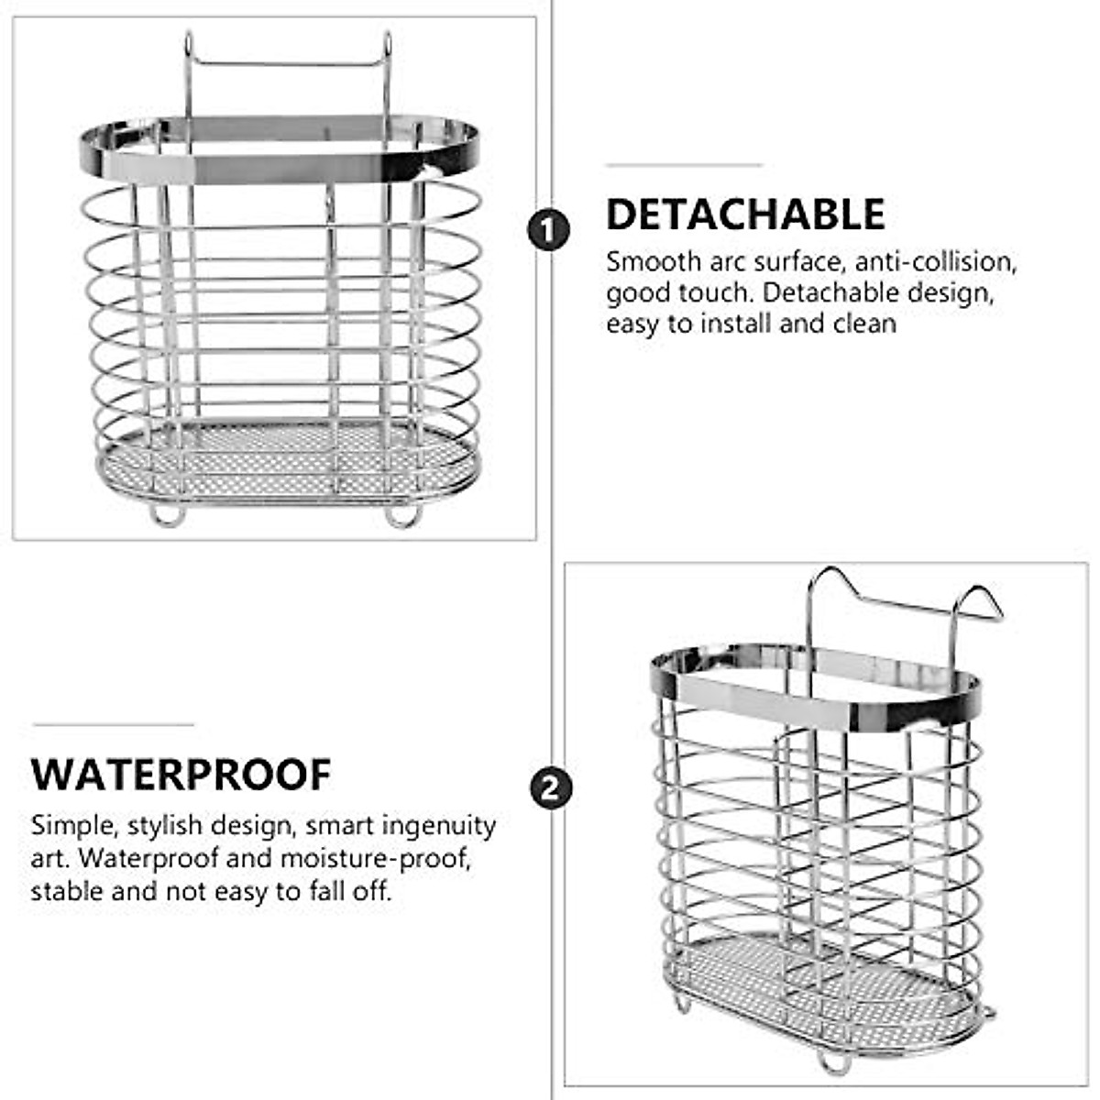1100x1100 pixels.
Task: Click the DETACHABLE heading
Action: pos(745,214)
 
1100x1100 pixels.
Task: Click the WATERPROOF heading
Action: pos(181,775)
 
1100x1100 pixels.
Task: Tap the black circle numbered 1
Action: pos(548,229)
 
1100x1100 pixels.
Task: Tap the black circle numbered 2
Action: pos(550,788)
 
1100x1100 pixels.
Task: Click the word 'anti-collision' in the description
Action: pos(936,262)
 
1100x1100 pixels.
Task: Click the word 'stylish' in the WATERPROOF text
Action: pos(165,826)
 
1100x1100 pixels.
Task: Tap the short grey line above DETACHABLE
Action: pos(684,166)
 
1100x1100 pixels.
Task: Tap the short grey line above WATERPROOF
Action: pos(114,724)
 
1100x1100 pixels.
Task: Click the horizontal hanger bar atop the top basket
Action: pos(287,64)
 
